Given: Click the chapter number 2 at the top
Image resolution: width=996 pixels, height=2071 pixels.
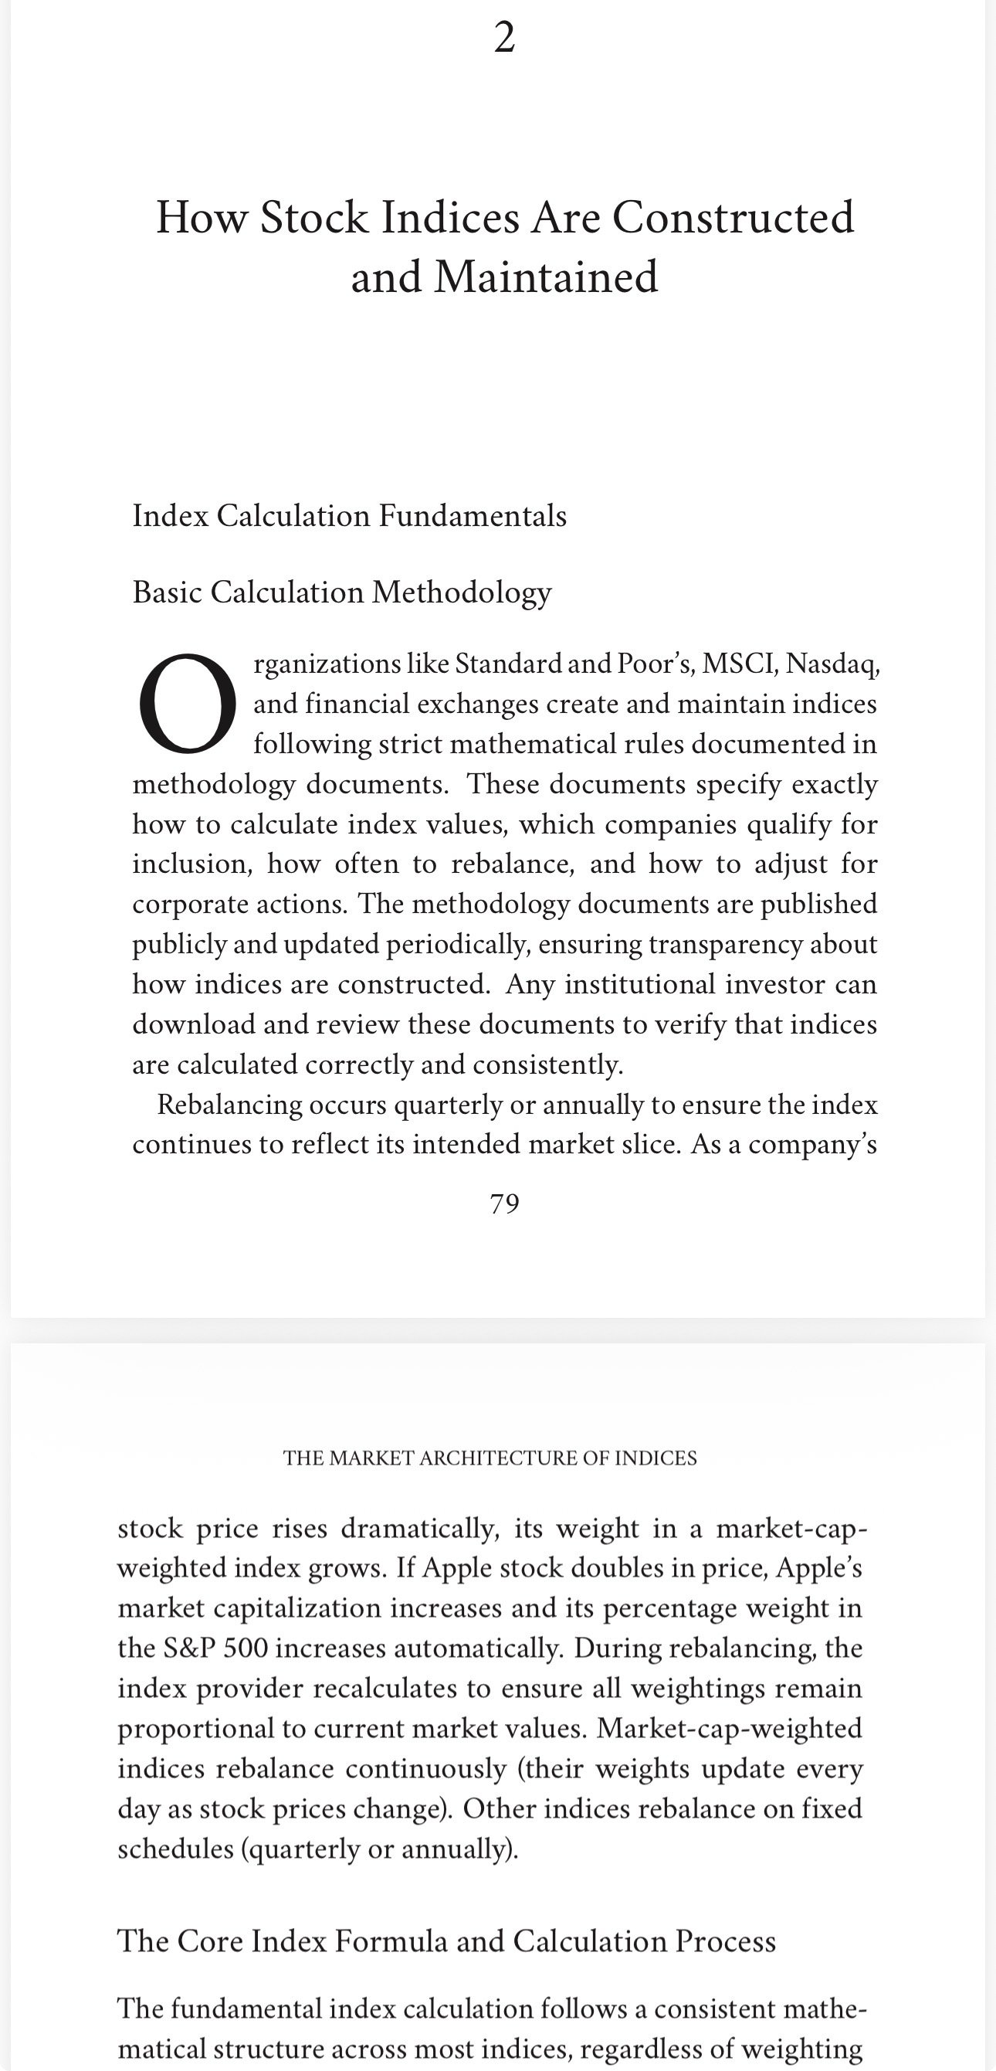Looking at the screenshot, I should point(504,38).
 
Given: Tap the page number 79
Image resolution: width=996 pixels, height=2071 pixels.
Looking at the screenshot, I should point(504,1204).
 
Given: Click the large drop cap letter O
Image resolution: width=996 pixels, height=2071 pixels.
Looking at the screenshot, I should point(188,704).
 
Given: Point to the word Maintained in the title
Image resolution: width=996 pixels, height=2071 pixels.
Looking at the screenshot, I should point(546,277).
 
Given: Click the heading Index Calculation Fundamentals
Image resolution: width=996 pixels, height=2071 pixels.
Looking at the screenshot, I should point(349,516).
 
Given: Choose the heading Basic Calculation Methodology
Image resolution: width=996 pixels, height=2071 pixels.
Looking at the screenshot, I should point(341,592).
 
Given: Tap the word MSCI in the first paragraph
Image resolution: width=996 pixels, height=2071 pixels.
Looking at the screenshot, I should point(739,664).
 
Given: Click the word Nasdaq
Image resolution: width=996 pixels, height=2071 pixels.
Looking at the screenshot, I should point(832,664).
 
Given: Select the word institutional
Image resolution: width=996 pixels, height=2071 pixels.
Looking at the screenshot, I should point(695,984).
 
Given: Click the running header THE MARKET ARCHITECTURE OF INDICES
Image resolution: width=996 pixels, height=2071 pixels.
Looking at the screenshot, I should point(490,1458).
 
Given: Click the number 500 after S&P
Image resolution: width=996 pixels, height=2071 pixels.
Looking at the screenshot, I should point(246,1649).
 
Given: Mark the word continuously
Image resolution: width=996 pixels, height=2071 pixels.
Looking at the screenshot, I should point(426,1769).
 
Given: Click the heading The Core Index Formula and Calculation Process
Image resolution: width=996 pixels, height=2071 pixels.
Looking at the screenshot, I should point(446,1940).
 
